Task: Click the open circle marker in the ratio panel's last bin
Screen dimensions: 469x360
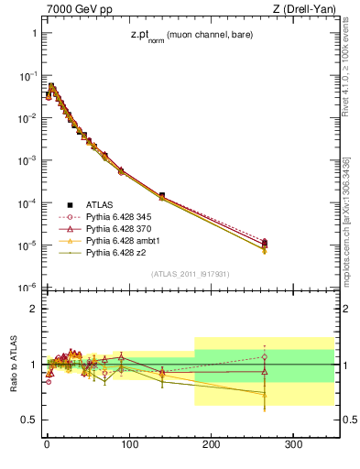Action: tap(265, 357)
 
